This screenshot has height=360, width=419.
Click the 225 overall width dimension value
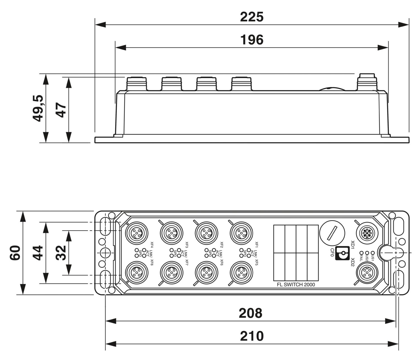[x=252, y=17]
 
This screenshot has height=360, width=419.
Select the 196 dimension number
[x=252, y=40]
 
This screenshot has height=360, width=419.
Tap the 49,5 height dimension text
[x=38, y=108]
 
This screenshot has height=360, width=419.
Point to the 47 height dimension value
[x=61, y=110]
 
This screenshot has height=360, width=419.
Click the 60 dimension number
[x=15, y=253]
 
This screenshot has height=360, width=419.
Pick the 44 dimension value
[x=38, y=253]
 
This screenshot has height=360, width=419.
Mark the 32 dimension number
[x=61, y=253]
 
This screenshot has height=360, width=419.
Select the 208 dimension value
[x=251, y=313]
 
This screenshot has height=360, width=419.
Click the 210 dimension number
[x=252, y=336]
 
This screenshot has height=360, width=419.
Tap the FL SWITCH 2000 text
[x=296, y=285]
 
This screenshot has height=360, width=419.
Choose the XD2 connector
[x=366, y=273]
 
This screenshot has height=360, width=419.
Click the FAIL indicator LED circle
[x=362, y=253]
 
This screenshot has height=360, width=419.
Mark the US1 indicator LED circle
[x=372, y=253]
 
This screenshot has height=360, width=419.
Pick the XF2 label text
[x=222, y=245]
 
